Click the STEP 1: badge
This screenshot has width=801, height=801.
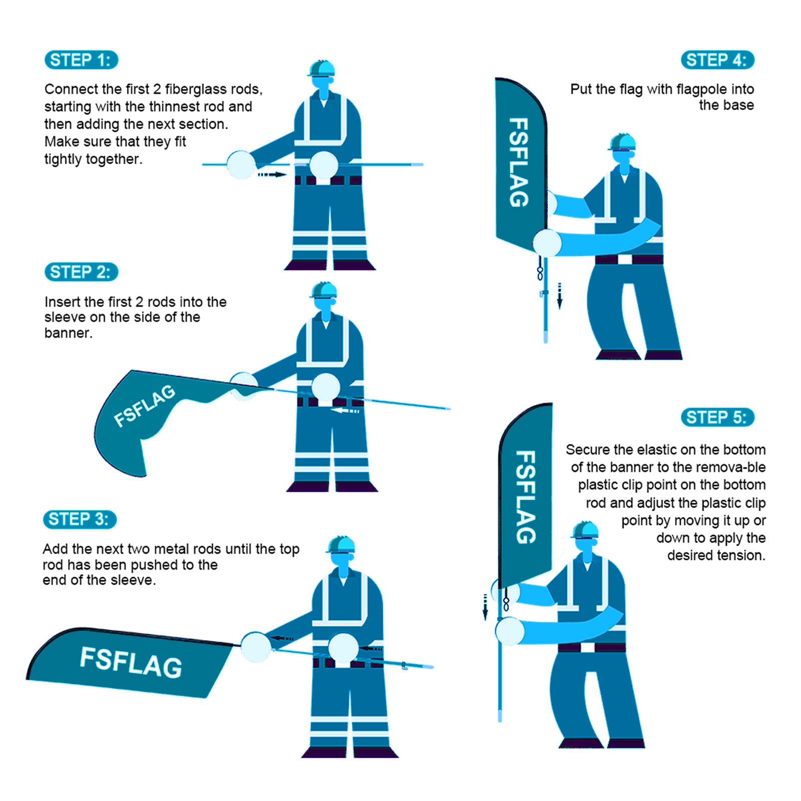click(81, 60)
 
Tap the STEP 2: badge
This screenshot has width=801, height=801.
click(81, 272)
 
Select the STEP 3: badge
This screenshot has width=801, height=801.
click(80, 519)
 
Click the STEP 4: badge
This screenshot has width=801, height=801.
click(717, 60)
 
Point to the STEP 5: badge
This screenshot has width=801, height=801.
click(717, 417)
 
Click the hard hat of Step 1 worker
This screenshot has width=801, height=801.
click(321, 69)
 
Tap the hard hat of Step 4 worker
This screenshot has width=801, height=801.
click(622, 142)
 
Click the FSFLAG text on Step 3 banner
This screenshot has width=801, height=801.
click(131, 661)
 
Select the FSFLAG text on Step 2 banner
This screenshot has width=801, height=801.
click(144, 406)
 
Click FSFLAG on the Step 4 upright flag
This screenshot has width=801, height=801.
click(519, 162)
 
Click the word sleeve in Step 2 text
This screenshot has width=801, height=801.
click(65, 317)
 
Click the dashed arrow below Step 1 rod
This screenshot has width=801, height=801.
click(272, 174)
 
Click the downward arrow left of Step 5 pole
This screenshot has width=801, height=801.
click(485, 607)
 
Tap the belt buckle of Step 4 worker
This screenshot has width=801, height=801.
click(625, 259)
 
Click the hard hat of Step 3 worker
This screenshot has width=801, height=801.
click(341, 545)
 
